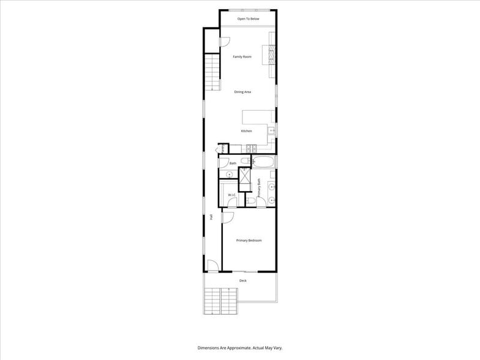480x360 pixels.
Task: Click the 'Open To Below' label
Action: tap(248, 19)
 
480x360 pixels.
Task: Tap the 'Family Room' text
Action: tap(242, 57)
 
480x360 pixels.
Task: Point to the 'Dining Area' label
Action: tap(242, 92)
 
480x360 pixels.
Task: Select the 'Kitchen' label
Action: tap(246, 131)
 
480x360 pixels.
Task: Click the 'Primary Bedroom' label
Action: tap(249, 240)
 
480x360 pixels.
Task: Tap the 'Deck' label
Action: tap(242, 280)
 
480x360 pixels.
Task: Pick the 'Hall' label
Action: tap(211, 217)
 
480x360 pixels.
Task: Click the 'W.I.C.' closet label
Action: tap(232, 195)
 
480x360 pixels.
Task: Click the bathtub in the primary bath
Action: tap(264, 162)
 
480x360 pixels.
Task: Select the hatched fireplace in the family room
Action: tap(269, 55)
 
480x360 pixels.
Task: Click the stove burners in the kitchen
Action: tap(250, 149)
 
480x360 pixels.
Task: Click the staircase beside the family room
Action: tap(212, 72)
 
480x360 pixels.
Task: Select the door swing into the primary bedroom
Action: tap(227, 217)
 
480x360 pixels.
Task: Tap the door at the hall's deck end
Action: tap(212, 265)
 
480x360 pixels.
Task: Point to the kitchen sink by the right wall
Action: tap(270, 130)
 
